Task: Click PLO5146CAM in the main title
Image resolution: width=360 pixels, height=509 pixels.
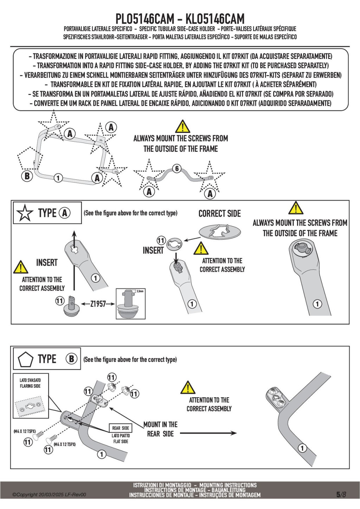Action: pos(145,19)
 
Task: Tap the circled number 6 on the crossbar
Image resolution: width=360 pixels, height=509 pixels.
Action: pos(177,168)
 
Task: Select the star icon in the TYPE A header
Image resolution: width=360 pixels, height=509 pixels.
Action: pos(25,213)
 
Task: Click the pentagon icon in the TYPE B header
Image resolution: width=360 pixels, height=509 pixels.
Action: pos(25,359)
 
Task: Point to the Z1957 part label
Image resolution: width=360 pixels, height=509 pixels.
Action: pos(98,304)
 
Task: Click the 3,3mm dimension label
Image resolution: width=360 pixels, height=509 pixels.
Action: pos(140,291)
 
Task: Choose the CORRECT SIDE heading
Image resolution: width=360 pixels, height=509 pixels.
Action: pos(219,214)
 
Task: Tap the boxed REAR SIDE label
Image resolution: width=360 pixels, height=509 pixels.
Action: pos(121,428)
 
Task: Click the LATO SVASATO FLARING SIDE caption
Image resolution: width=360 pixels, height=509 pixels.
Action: pos(30,383)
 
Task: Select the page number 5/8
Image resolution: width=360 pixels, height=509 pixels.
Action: pos(341,495)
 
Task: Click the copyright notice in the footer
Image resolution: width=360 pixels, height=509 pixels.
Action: pos(49,495)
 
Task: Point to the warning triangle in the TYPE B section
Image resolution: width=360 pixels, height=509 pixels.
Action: pos(188,387)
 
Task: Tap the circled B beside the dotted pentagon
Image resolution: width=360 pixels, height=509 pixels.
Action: pos(27,176)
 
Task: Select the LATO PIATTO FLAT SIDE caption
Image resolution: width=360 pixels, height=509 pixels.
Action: pos(121,439)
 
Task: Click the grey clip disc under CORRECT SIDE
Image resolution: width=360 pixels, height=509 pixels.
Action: pos(220,232)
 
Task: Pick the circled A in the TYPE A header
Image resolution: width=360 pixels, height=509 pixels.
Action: pos(65,213)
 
